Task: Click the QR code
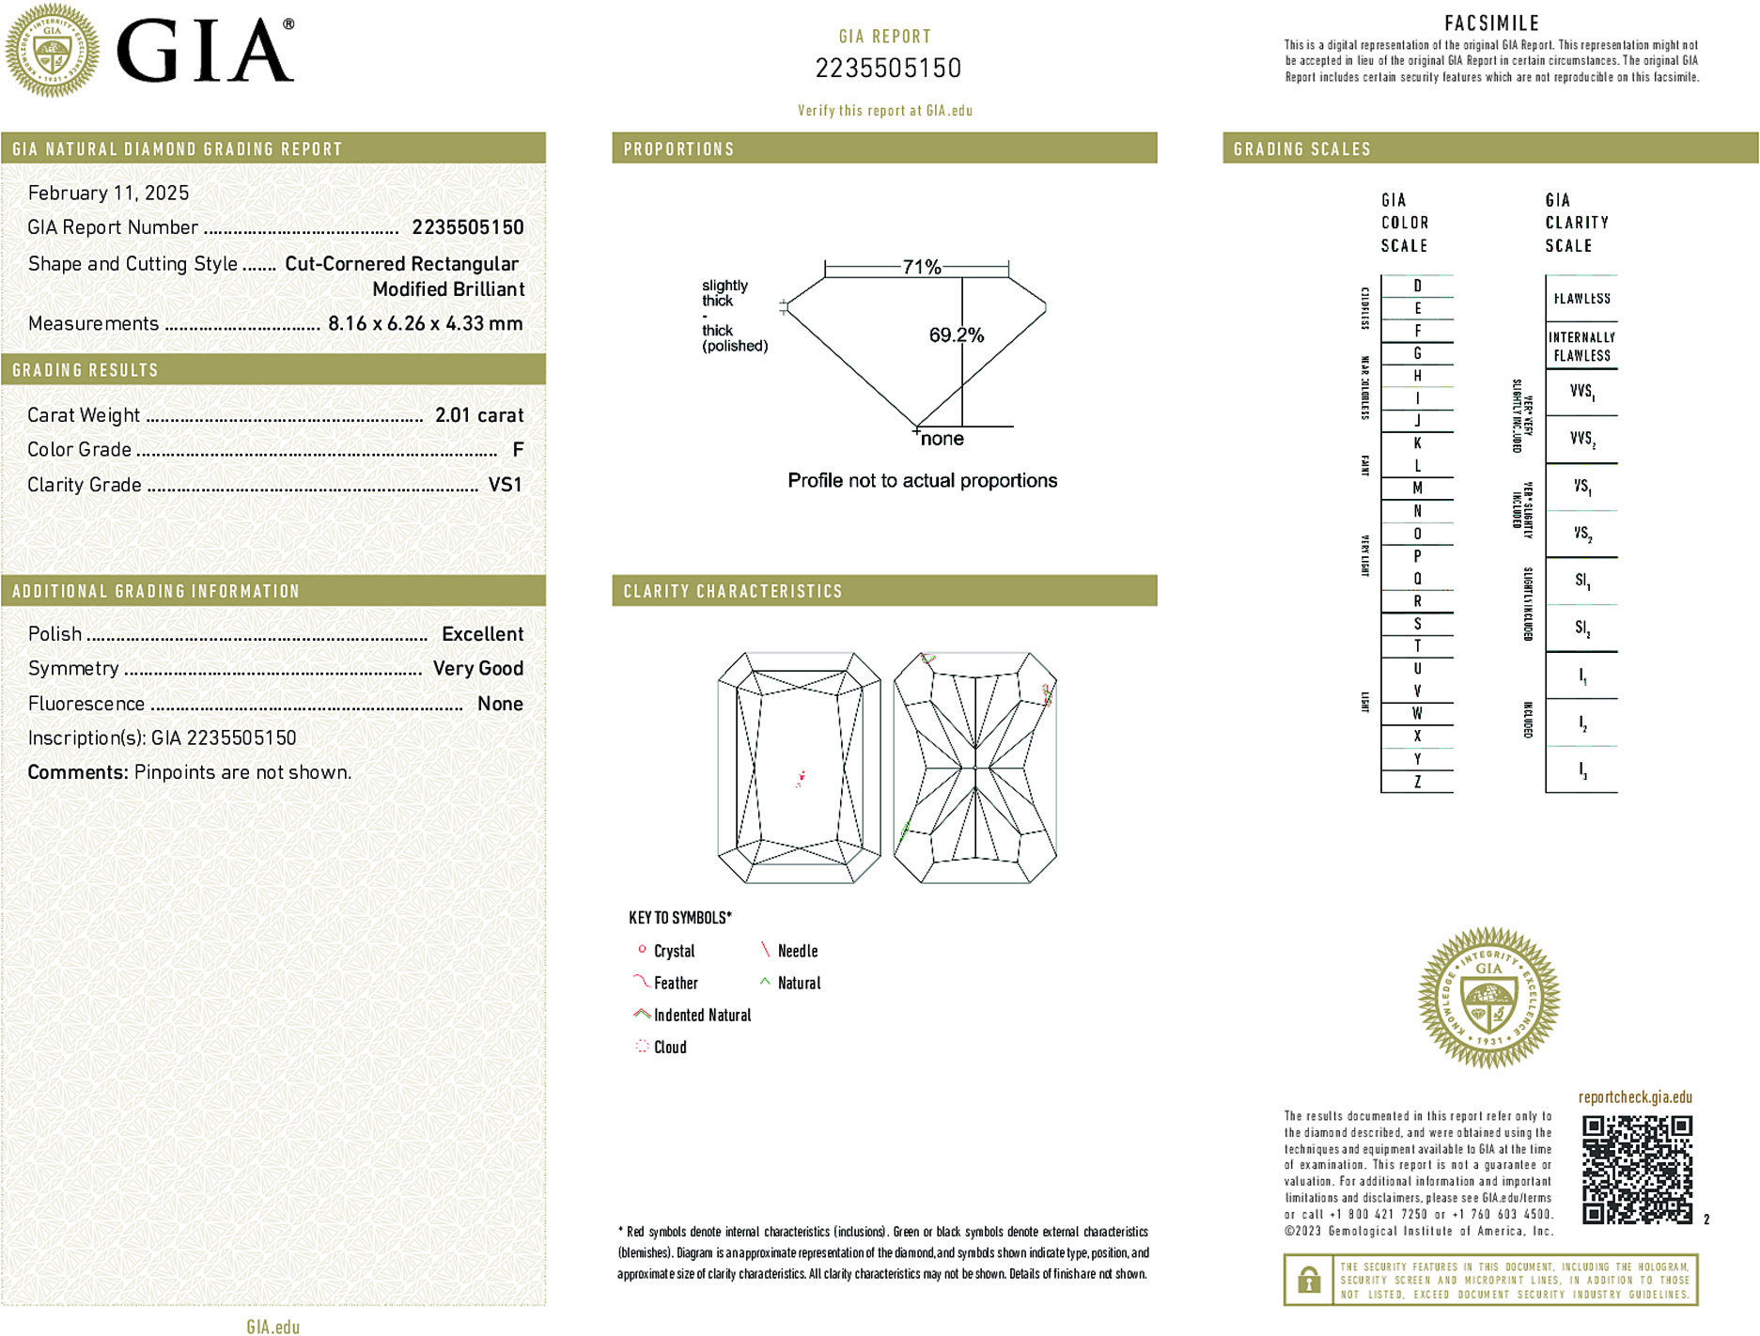1636,1169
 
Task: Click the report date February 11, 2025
108,194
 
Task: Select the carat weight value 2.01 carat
478,415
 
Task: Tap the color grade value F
518,450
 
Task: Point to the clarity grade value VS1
505,485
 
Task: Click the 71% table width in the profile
921,267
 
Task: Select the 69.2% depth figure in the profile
956,335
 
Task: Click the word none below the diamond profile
942,439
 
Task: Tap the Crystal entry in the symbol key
673,951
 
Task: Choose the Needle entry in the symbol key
797,951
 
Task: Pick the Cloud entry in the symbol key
669,1047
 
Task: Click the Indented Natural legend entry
701,1015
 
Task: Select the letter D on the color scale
1417,286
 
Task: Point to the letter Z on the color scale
1417,782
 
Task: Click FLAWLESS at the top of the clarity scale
1581,299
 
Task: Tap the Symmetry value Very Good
477,669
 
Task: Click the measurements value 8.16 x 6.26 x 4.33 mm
425,324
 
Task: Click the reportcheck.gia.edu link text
1634,1097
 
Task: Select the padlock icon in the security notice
1308,1280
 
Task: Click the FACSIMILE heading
1491,23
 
